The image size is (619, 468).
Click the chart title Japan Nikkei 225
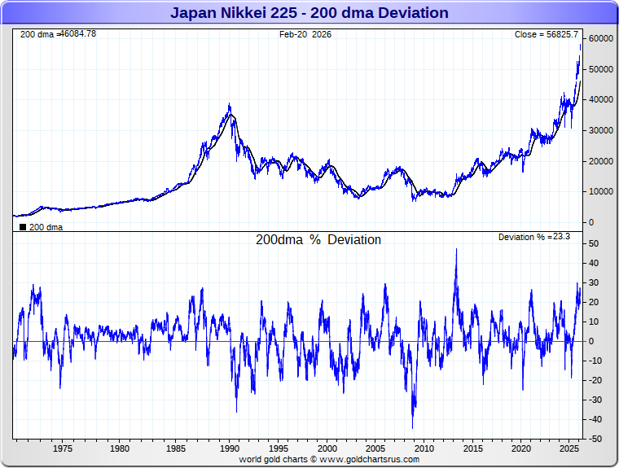coord(309,12)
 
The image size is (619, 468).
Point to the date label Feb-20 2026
coord(305,34)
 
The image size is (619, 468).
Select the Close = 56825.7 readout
coord(546,34)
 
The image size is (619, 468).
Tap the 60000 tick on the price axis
coord(601,39)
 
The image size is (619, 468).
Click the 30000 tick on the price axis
coord(601,130)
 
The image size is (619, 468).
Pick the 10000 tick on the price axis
coord(601,191)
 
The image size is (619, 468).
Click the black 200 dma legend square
coord(22,227)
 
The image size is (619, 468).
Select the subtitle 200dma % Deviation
coord(318,240)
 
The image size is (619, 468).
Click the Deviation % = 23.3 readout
coord(533,236)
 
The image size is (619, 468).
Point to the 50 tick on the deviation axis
coord(595,243)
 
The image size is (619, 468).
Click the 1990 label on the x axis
coord(230,448)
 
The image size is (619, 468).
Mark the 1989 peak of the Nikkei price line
coord(230,104)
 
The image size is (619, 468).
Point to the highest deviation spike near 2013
coord(456,249)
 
